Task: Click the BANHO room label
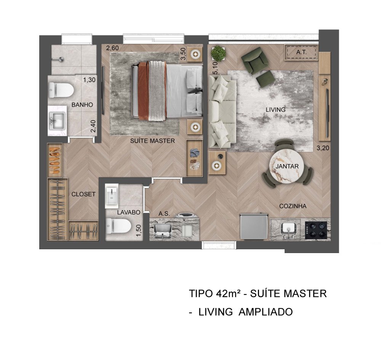click(82, 105)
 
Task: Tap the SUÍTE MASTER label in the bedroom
click(152, 141)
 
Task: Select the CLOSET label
click(83, 194)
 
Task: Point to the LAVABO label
click(129, 212)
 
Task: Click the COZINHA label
click(293, 206)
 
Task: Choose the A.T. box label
click(301, 52)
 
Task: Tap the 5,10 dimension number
click(215, 68)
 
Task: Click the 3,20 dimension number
click(323, 148)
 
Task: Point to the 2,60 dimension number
click(112, 48)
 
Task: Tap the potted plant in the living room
click(218, 53)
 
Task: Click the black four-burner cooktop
click(316, 229)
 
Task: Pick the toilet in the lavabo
click(118, 226)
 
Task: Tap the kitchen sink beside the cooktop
click(288, 229)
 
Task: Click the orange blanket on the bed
click(143, 91)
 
